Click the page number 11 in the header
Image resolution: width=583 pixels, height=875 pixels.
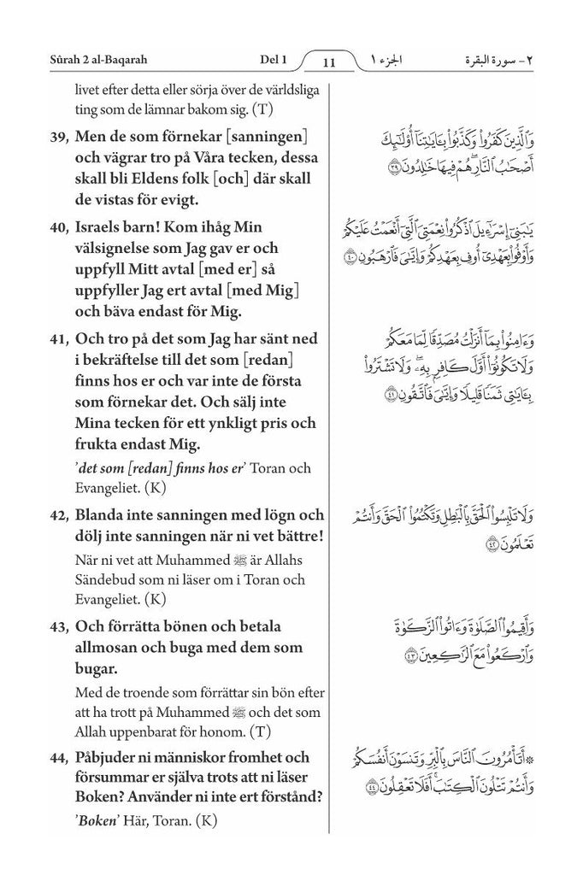click(x=329, y=62)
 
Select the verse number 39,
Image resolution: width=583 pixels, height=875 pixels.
click(x=59, y=138)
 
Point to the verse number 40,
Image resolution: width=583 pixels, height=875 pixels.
click(x=59, y=229)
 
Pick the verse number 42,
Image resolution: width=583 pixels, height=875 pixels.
click(x=59, y=515)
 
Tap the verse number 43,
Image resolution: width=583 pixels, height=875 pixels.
click(x=59, y=626)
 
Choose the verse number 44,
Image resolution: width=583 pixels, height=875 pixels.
click(x=59, y=758)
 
